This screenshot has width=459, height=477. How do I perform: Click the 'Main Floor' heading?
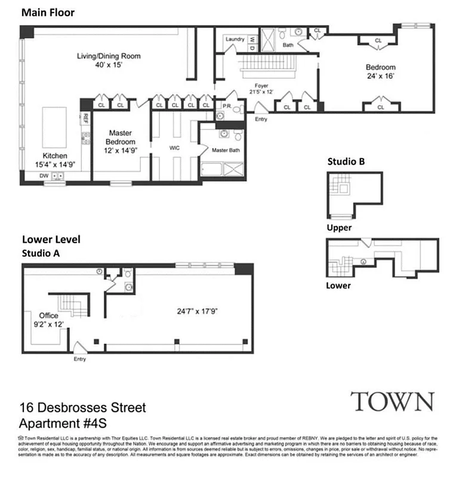tap(48, 13)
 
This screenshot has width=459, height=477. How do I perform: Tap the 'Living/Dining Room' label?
tap(108, 57)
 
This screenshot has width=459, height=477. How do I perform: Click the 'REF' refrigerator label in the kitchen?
tap(85, 119)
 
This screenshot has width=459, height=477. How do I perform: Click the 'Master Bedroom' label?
tap(121, 138)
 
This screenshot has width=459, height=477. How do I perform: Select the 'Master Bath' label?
tap(226, 150)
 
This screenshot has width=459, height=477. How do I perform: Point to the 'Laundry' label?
tap(235, 39)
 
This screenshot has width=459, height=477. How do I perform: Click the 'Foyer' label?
tap(261, 85)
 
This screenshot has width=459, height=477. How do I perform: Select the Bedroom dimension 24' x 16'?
tap(381, 76)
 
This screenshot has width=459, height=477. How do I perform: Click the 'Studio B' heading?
tap(346, 162)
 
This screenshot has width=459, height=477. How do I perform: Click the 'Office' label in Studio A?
tap(48, 315)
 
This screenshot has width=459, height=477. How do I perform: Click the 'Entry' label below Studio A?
tap(79, 359)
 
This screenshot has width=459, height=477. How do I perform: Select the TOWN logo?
tap(392, 401)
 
